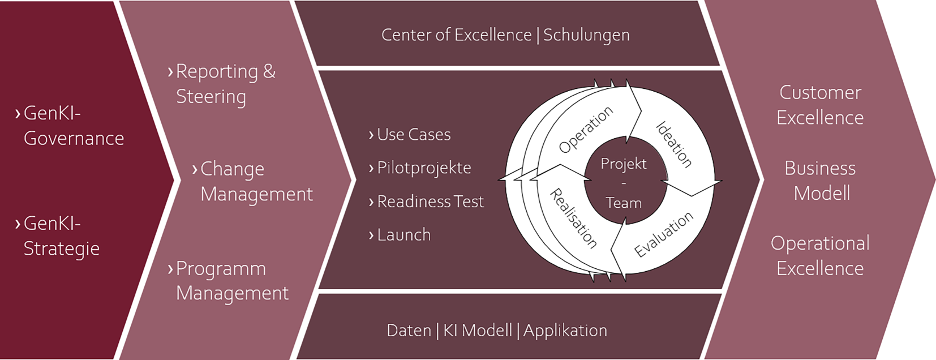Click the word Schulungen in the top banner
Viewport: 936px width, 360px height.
tap(586, 35)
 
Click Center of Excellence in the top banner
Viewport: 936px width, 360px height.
tap(456, 35)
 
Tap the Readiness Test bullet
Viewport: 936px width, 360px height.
tap(430, 202)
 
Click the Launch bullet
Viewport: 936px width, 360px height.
tap(403, 235)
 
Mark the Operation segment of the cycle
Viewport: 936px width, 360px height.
tap(585, 130)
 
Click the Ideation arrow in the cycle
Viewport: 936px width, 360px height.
tap(674, 144)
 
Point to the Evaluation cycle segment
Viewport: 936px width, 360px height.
tap(663, 234)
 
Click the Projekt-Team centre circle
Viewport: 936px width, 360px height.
tap(624, 183)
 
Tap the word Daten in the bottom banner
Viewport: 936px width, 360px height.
tap(409, 331)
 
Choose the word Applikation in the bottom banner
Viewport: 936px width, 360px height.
tap(565, 331)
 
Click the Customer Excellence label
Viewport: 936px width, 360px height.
tap(820, 105)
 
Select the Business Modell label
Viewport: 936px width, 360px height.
tap(821, 181)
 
